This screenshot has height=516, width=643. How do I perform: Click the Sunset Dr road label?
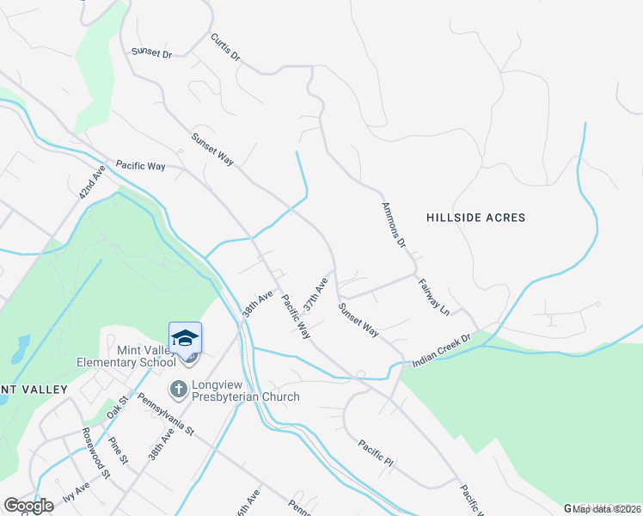[x=152, y=53]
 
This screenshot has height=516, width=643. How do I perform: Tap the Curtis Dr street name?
[x=225, y=47]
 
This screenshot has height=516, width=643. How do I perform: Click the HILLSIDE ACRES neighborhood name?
[x=475, y=218]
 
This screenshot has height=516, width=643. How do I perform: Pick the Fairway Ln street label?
[x=433, y=294]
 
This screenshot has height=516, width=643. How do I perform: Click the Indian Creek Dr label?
[x=443, y=352]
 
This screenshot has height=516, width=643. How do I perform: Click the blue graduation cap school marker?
[x=185, y=338]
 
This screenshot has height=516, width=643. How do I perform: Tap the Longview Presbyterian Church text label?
[x=245, y=391]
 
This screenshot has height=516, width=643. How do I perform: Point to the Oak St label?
[x=117, y=407]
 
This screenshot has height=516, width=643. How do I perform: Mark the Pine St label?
[x=119, y=451]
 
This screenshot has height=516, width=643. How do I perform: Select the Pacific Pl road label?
[x=376, y=453]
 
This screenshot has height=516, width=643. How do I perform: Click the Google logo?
[x=28, y=506]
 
